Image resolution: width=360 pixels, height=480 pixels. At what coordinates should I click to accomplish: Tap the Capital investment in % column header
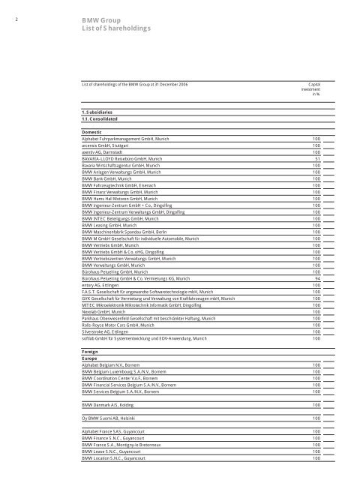[x=309, y=90]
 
